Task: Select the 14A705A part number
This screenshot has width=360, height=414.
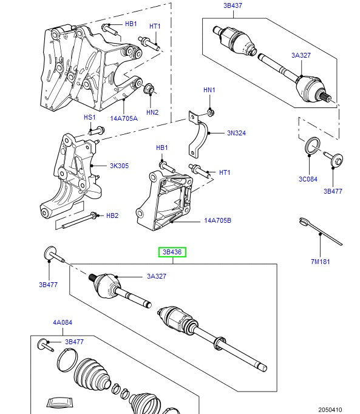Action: (x=124, y=118)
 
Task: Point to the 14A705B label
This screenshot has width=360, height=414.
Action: (x=217, y=221)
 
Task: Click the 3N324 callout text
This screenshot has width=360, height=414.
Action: (x=237, y=132)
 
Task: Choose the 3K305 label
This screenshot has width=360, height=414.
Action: (x=120, y=165)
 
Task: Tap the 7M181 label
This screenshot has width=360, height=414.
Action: (x=320, y=262)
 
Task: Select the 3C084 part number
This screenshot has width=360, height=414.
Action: (x=308, y=179)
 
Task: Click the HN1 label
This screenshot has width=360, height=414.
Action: (x=209, y=90)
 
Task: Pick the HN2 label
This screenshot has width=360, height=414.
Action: (x=152, y=112)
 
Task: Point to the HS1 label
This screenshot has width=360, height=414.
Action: (x=90, y=117)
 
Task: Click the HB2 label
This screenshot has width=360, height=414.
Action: (x=112, y=215)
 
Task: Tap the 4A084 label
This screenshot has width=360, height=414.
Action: (x=61, y=323)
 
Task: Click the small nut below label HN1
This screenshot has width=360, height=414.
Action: (x=209, y=111)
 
